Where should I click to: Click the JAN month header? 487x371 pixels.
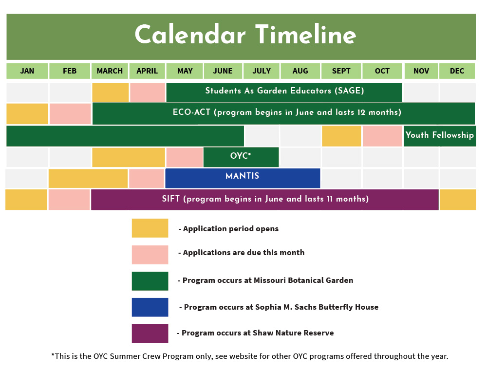pos(27,71)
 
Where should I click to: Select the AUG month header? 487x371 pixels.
pos(300,71)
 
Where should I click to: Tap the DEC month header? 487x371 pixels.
pos(457,71)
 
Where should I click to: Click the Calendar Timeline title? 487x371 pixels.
pos(245,35)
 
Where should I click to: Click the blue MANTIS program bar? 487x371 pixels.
pos(243,178)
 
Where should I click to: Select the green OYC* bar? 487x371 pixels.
pos(241,157)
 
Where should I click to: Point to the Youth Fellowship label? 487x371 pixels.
pos(440,135)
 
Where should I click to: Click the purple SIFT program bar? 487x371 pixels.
pos(265,200)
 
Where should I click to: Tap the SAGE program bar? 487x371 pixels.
pos(284,92)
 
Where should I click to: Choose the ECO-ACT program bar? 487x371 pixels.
pos(283,113)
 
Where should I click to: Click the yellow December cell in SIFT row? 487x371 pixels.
pos(457,200)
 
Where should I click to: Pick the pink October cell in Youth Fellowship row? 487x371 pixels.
pos(382,136)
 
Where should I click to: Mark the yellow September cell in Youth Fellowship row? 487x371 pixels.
pos(341,136)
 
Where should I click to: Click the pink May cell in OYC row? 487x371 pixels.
pos(185,157)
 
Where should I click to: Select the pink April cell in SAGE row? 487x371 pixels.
pos(148,92)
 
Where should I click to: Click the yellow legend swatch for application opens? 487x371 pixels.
pos(150,228)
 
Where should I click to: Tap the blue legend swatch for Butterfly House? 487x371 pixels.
pos(150,307)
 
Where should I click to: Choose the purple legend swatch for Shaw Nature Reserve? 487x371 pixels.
pos(150,334)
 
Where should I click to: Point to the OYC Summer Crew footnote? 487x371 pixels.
pos(250,356)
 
